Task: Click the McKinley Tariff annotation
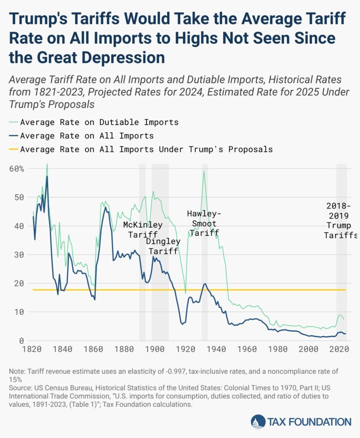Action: (x=143, y=230)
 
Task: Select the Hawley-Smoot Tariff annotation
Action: (x=204, y=223)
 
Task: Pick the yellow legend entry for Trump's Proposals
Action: (x=146, y=149)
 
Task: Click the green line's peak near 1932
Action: (x=204, y=172)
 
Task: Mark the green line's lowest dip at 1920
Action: (x=185, y=293)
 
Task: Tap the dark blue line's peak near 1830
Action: (x=47, y=176)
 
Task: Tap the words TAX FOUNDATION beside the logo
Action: (x=309, y=422)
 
